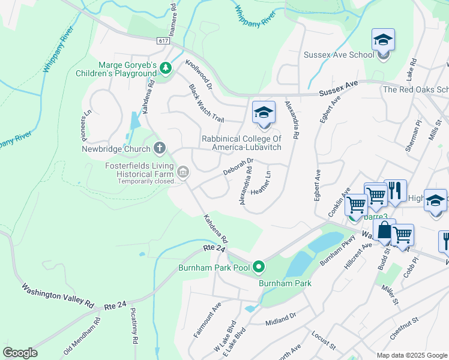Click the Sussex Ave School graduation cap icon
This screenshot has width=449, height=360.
pos(383,41)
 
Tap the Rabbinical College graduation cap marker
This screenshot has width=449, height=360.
pos(263,113)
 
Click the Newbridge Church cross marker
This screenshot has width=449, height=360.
pos(160,148)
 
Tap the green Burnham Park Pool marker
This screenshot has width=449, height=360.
pos(259,266)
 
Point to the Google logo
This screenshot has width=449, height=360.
pos(20,353)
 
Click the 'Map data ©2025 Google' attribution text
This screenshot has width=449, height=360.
pos(411,355)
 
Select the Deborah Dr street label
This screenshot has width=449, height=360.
pos(240,166)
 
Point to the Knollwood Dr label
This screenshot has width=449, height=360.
pos(199,74)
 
